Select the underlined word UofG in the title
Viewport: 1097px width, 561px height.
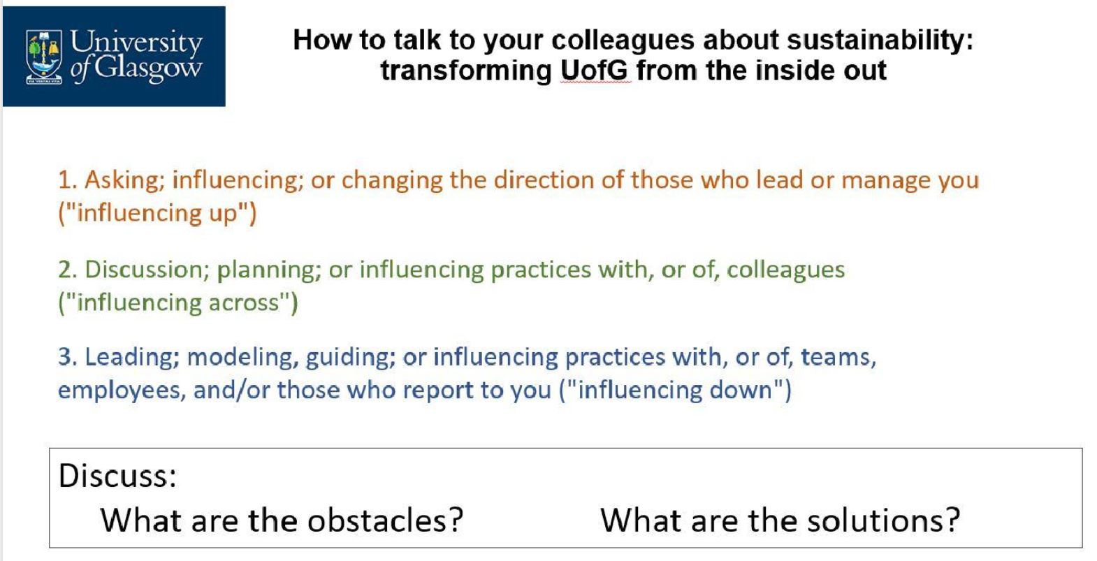[595, 71]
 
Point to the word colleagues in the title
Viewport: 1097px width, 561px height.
[623, 41]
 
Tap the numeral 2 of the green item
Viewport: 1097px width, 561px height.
[65, 270]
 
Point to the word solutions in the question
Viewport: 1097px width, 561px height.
[875, 520]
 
